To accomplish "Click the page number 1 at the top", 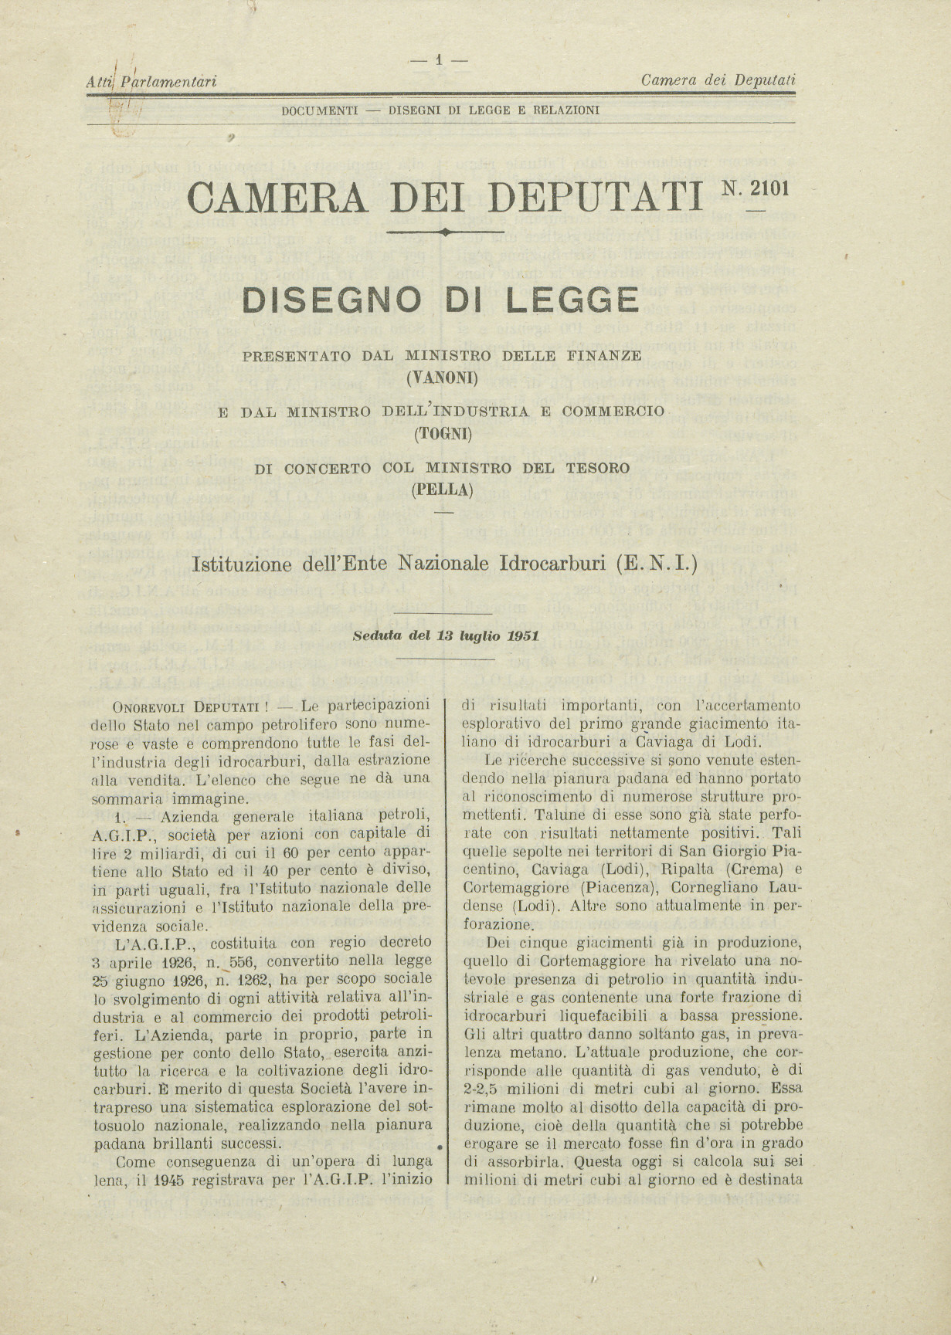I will pyautogui.click(x=438, y=59).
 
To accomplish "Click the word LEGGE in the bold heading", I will pyautogui.click(x=572, y=300).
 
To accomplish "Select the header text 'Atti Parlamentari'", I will pyautogui.click(x=151, y=80).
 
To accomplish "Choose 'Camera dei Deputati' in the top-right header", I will pyautogui.click(x=718, y=80).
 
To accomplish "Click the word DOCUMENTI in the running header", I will pyautogui.click(x=319, y=110).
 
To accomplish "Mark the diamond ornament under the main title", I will pyautogui.click(x=445, y=232).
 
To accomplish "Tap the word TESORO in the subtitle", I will pyautogui.click(x=593, y=468).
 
